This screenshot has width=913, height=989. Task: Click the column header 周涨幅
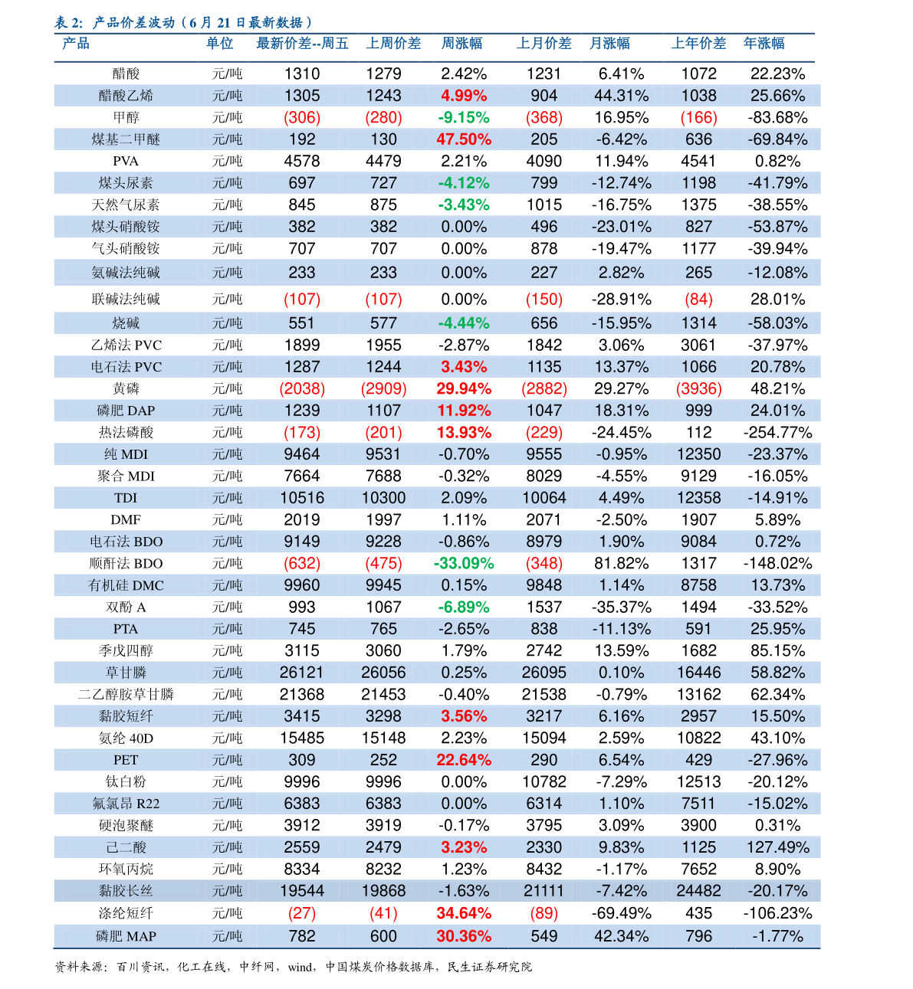click(x=461, y=44)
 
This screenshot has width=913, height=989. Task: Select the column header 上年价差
click(x=698, y=44)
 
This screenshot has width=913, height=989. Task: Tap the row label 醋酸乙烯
click(x=126, y=96)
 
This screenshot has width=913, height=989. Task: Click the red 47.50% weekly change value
click(x=464, y=139)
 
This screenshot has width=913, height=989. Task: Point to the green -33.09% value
click(x=464, y=563)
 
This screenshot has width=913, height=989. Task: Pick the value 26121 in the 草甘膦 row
click(x=302, y=673)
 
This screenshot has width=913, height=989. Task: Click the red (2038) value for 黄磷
click(x=302, y=388)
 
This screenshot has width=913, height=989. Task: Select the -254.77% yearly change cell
click(x=777, y=432)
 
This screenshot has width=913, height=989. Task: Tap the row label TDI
click(x=126, y=498)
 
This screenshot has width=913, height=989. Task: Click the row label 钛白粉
click(x=126, y=781)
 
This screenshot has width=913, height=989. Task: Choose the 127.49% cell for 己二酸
click(x=777, y=847)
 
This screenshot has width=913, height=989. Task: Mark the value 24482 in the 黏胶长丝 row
click(x=698, y=891)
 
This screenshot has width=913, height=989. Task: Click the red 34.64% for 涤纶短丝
click(x=464, y=913)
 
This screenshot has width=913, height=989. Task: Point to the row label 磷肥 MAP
click(x=126, y=936)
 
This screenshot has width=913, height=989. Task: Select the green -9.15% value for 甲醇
click(x=464, y=117)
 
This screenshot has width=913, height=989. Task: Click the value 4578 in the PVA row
click(x=302, y=161)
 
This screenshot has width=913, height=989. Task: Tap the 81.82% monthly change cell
click(x=621, y=563)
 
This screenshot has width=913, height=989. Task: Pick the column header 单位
click(x=219, y=44)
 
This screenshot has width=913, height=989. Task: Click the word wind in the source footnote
click(x=301, y=967)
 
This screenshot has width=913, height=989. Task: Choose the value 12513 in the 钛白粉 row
click(x=698, y=781)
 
